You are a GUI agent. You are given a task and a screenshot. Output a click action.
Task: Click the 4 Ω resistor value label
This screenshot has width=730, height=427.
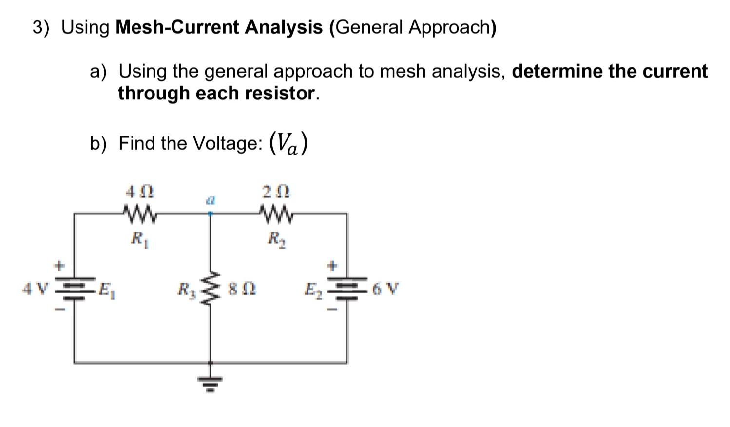click(x=140, y=191)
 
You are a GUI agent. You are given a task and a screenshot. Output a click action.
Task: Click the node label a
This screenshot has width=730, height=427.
click(x=210, y=200)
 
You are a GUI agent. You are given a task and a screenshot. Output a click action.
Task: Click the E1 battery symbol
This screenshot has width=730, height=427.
click(x=75, y=290)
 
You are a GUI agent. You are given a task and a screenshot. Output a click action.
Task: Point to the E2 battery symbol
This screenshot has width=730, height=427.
click(x=346, y=290)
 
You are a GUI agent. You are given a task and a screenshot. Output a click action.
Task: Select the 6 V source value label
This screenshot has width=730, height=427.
click(x=384, y=290)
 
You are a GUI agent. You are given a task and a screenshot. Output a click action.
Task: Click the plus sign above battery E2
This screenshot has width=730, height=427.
click(x=332, y=266)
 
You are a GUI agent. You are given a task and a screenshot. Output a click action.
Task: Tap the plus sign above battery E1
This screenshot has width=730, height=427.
click(x=59, y=266)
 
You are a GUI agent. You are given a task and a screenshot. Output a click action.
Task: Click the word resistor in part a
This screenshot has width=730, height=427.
click(x=280, y=93)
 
